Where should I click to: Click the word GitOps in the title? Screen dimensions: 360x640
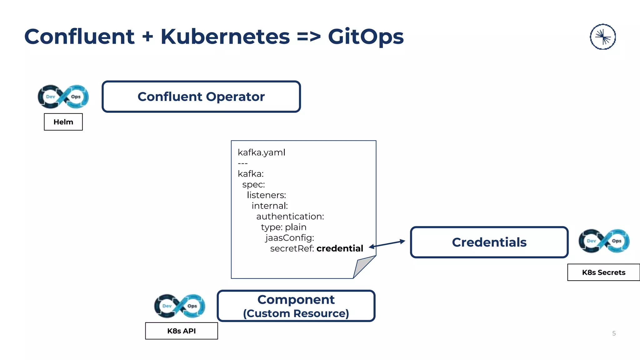coord(366,37)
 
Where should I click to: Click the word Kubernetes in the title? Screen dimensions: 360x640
coord(225,37)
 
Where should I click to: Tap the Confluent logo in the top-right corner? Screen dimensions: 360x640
coord(603,37)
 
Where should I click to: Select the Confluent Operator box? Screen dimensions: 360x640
coord(201,97)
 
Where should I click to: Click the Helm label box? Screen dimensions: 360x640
coord(63,122)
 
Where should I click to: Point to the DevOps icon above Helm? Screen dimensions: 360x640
coord(63,97)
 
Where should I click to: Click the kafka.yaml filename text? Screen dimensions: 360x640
coord(262,152)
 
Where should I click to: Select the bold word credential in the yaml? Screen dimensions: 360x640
coord(340,248)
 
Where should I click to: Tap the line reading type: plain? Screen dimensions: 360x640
coord(283,227)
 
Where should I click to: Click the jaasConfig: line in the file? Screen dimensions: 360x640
coord(290,238)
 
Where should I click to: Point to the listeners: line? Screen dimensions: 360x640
coord(266,195)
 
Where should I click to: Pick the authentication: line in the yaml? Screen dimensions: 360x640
coord(290,217)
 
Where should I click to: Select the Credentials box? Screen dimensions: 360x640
coord(489,242)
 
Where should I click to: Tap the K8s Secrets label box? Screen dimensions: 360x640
coord(603,272)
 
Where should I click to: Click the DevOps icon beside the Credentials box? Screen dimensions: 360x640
coord(604,241)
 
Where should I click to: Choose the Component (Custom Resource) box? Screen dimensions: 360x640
coord(296,306)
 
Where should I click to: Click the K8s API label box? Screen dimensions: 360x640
coord(182,331)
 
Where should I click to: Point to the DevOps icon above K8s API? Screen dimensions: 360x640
coord(180,306)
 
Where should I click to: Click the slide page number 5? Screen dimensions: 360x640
coord(614,333)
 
